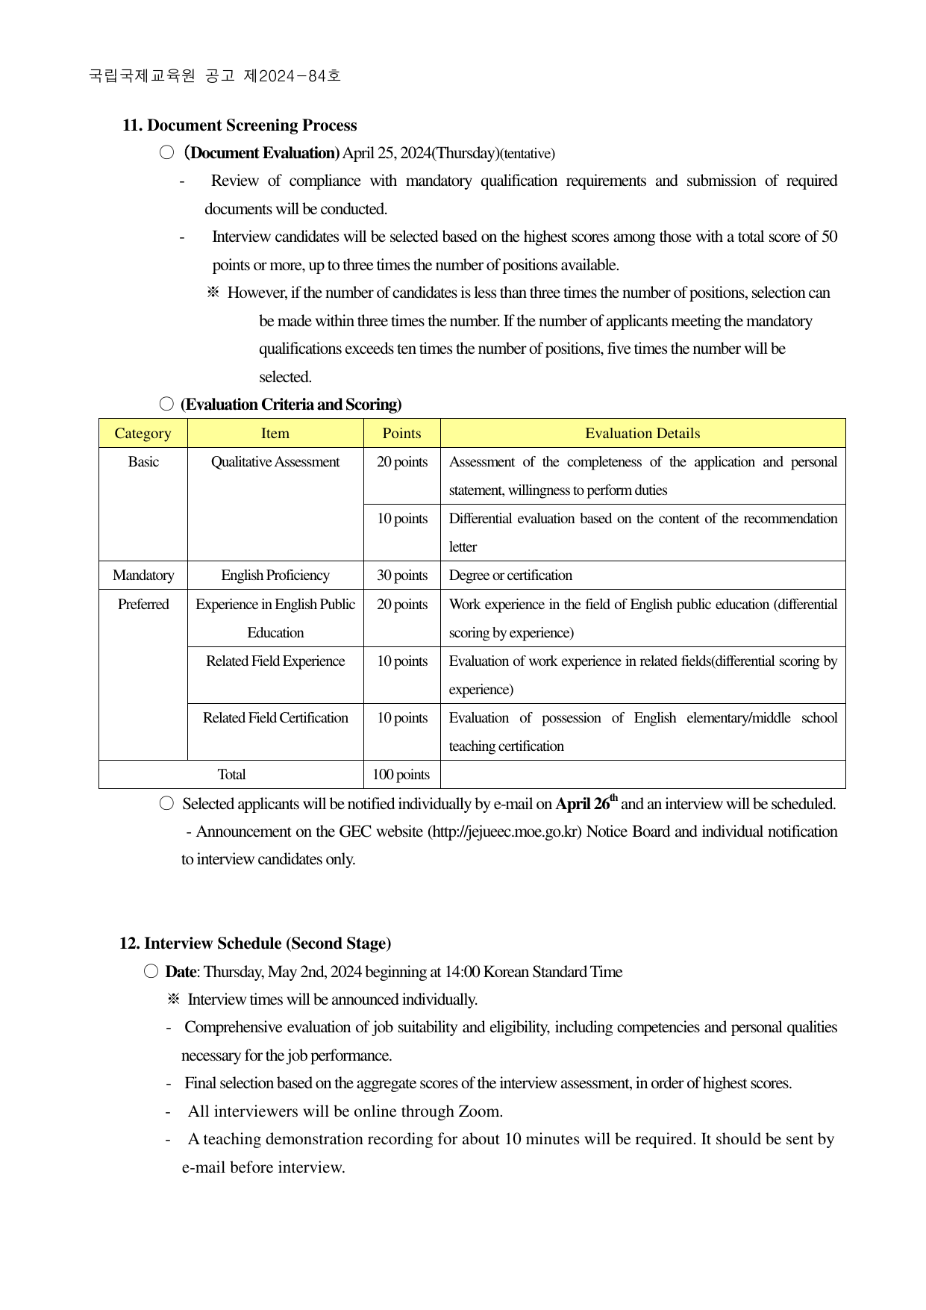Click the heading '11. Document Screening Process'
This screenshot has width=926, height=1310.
pyautogui.click(x=240, y=125)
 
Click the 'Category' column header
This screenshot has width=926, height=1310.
pyautogui.click(x=143, y=434)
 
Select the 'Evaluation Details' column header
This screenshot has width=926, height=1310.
pyautogui.click(x=642, y=434)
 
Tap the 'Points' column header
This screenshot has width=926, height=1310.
pyautogui.click(x=401, y=434)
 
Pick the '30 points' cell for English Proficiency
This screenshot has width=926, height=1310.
pyautogui.click(x=402, y=576)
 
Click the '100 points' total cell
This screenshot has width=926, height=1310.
pyautogui.click(x=401, y=775)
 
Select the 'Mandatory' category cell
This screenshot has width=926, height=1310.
pyautogui.click(x=143, y=576)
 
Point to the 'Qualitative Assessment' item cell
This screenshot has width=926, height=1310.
pyautogui.click(x=275, y=462)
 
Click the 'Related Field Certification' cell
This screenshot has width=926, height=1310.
pyautogui.click(x=275, y=718)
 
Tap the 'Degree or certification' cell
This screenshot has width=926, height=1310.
pyautogui.click(x=510, y=576)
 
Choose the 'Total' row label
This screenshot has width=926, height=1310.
pyautogui.click(x=231, y=775)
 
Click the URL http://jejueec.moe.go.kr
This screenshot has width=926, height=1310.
pyautogui.click(x=504, y=832)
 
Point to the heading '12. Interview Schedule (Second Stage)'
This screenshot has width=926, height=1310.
pyautogui.click(x=255, y=943)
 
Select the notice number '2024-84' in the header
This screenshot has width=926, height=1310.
pyautogui.click(x=293, y=76)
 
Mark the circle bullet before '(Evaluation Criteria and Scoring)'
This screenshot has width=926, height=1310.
pyautogui.click(x=166, y=404)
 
